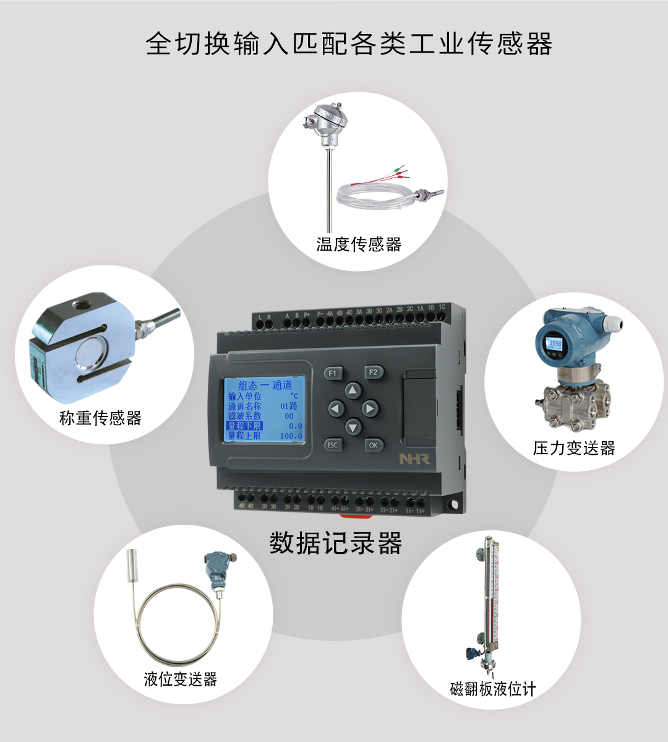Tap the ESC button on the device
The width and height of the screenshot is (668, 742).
tap(333, 444)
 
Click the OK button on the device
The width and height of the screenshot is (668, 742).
tap(373, 444)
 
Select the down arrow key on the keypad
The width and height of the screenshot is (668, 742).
tap(353, 426)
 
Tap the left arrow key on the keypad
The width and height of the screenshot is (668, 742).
tap(335, 408)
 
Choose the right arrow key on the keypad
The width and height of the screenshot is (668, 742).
tap(370, 408)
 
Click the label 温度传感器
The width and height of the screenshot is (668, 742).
tap(359, 244)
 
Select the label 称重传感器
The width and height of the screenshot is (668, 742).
tap(100, 418)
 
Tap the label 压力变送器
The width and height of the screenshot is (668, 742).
tap(574, 448)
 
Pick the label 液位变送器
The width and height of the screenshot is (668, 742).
tap(181, 679)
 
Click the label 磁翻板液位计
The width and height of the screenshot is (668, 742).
tap(493, 689)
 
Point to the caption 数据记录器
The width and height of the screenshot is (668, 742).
tap(336, 543)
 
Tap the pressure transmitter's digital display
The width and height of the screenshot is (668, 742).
tap(554, 343)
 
